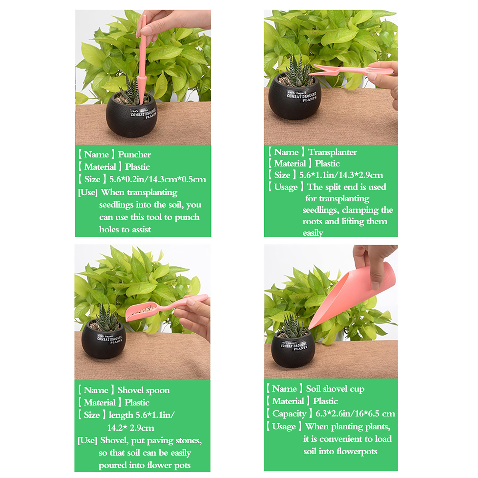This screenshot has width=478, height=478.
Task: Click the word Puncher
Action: click(x=134, y=154)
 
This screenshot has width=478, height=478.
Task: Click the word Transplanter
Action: click(x=333, y=152)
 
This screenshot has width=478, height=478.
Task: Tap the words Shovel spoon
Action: click(x=143, y=390)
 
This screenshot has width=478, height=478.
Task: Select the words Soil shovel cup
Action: click(x=335, y=389)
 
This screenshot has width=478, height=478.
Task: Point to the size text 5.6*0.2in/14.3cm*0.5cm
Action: click(x=158, y=179)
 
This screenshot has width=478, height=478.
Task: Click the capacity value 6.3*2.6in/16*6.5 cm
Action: click(x=355, y=413)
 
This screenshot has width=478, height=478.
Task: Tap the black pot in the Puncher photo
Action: click(x=132, y=115)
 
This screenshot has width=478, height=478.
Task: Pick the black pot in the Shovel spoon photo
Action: click(x=104, y=339)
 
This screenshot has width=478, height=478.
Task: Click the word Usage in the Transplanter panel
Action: click(x=286, y=187)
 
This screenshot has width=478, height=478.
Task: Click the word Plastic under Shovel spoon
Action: click(x=137, y=402)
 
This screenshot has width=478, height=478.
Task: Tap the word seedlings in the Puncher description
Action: click(x=116, y=205)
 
